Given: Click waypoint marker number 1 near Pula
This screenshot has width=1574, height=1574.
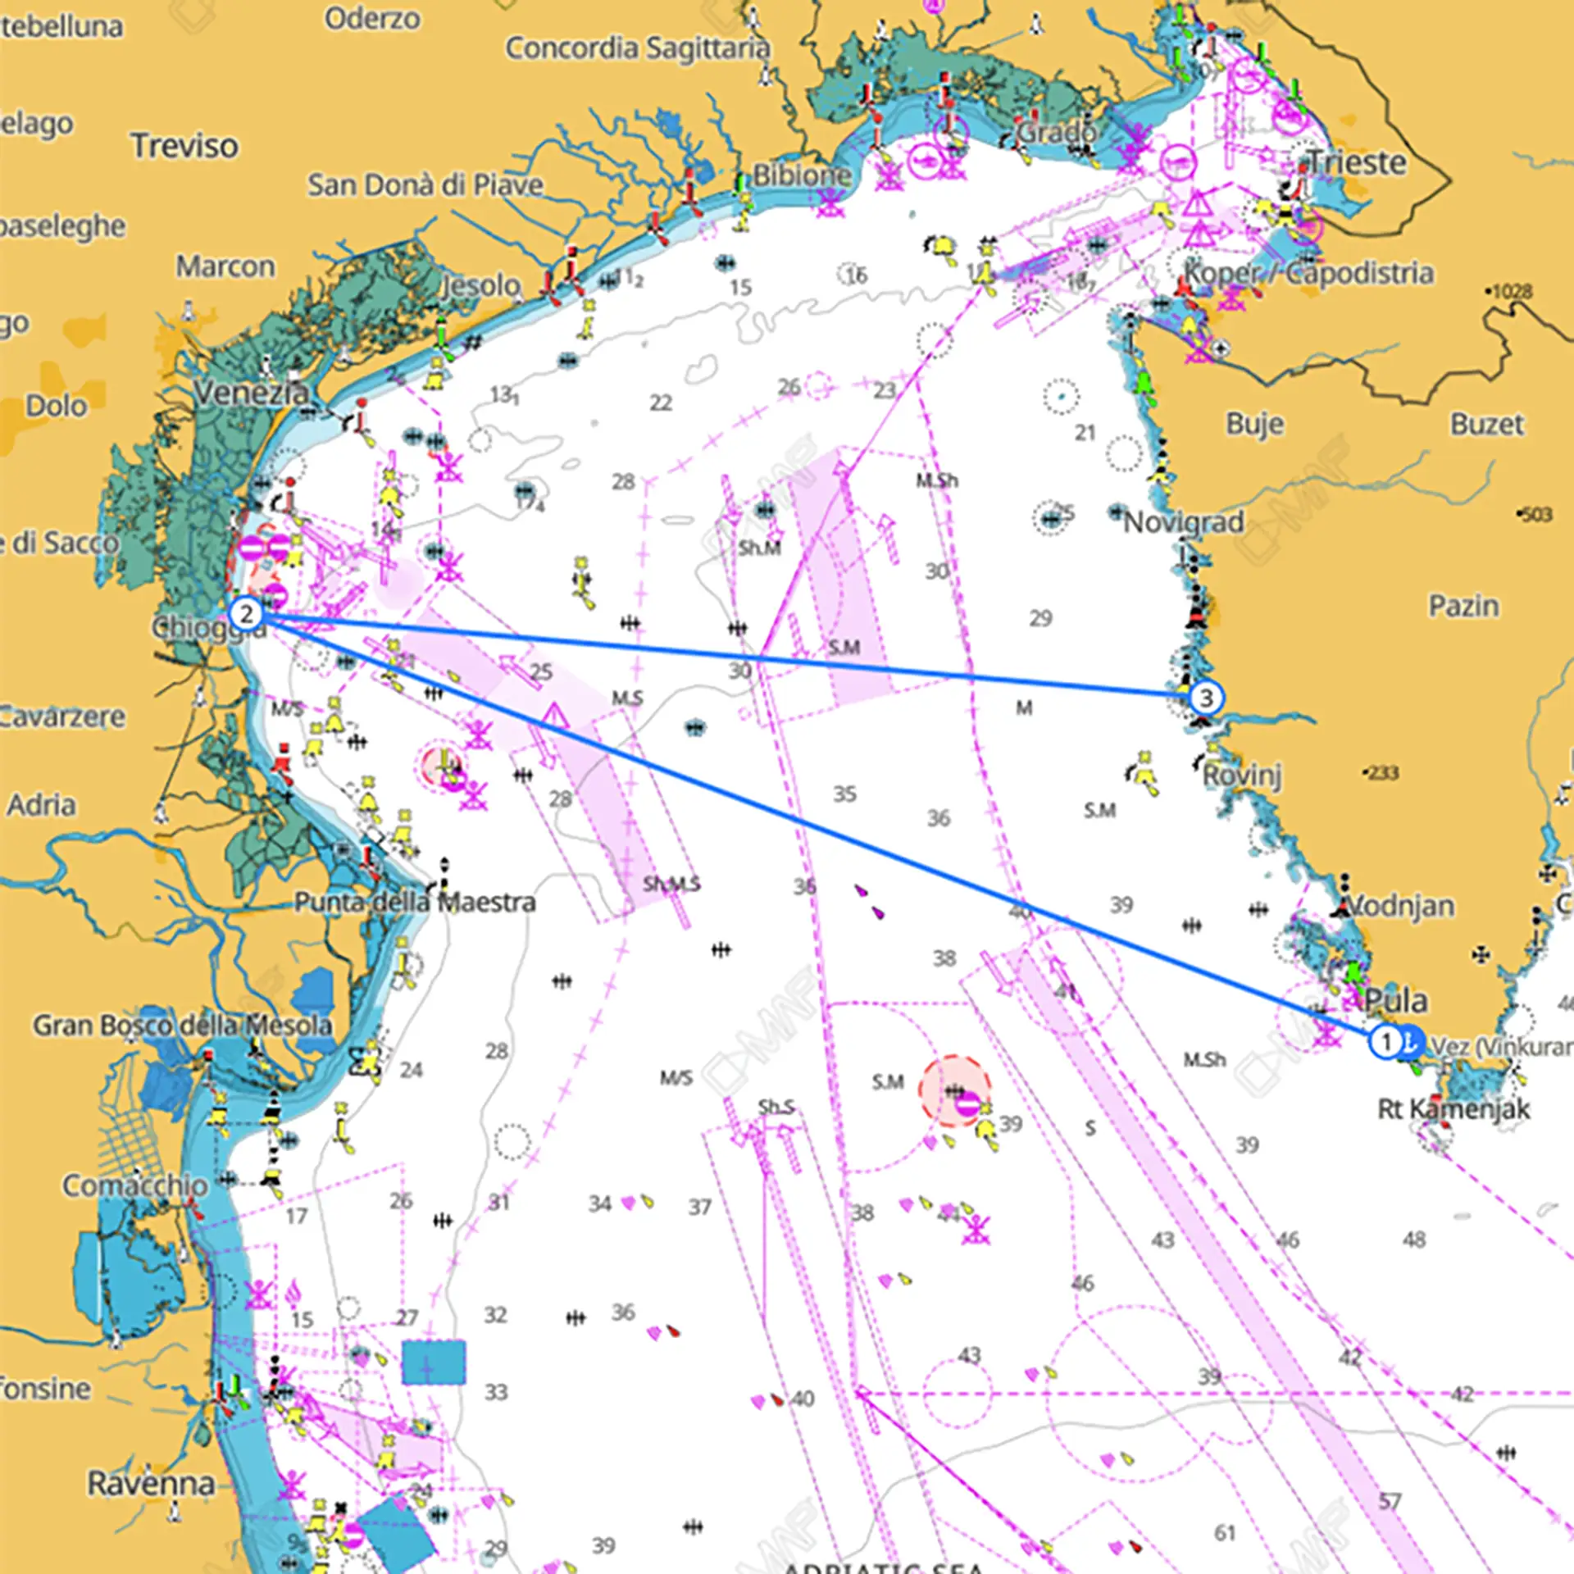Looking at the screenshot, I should tap(1385, 1042).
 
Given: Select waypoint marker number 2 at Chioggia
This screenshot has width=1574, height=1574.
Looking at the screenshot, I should tap(246, 614).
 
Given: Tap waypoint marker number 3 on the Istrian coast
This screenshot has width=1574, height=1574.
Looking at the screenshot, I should tap(1206, 698).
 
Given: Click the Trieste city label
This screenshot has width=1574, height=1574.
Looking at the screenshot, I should tap(1356, 162).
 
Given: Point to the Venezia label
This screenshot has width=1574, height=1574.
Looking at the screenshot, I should tap(251, 393).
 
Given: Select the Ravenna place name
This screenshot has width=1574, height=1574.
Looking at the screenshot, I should tap(151, 1482).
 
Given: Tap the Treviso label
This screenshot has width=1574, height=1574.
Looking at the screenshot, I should tap(184, 146).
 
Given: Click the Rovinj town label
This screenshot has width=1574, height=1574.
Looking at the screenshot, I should tap(1242, 775).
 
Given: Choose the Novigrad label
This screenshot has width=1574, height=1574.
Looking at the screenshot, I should tap(1183, 521).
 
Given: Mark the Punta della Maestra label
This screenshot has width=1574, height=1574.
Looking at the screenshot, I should tap(415, 902).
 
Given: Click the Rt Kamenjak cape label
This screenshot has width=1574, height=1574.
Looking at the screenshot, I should tap(1453, 1109).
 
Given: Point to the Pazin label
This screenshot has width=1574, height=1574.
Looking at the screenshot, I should tap(1463, 606).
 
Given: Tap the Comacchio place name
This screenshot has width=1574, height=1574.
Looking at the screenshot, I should tap(135, 1185).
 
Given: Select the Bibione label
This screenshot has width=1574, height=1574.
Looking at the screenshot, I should tap(802, 175).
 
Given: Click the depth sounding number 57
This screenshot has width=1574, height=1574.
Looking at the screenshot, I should tap(1389, 1501).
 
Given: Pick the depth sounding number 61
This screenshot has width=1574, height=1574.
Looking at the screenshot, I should tap(1225, 1532).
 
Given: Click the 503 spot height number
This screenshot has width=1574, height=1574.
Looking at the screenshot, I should tap(1536, 514).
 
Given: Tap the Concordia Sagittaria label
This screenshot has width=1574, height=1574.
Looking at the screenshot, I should tap(637, 48).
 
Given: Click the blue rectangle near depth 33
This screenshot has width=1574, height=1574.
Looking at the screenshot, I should tap(434, 1362).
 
